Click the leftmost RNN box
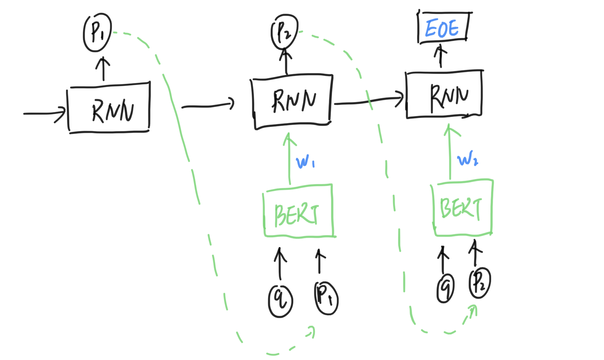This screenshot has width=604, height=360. [x=109, y=108]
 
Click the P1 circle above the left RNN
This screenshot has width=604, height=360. [x=97, y=33]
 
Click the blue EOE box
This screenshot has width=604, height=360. [x=443, y=28]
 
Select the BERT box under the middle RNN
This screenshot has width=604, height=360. [x=298, y=211]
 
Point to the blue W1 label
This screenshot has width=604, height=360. [x=305, y=162]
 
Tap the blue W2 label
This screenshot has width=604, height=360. [x=467, y=159]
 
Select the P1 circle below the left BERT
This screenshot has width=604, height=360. [x=326, y=298]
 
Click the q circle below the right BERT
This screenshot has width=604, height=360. [x=445, y=288]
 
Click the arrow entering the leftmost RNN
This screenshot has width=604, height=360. [x=44, y=113]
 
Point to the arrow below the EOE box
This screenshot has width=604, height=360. [x=440, y=57]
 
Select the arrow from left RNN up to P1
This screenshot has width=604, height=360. [x=103, y=69]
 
